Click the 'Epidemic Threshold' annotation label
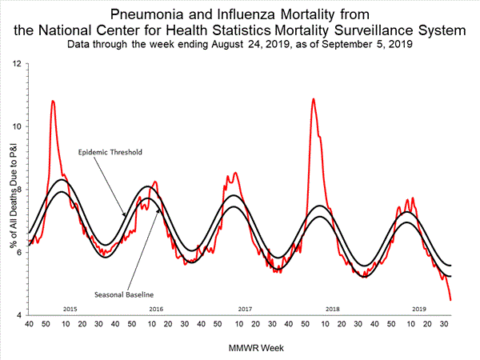point(108,151)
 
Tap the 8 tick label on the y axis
point(18,190)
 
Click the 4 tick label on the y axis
point(18,316)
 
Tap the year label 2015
point(70,308)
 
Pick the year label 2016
point(156,308)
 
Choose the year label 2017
point(245,308)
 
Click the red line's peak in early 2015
point(53,102)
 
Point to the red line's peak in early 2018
point(313,99)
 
